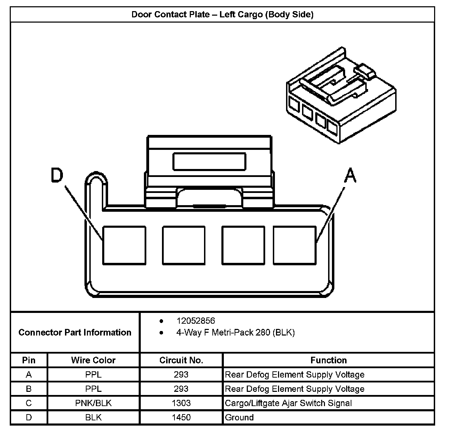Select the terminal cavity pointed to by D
(x=124, y=245)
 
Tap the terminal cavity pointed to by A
(x=294, y=245)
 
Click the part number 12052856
(x=196, y=321)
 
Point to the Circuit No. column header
(x=181, y=360)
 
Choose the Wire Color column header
(x=93, y=360)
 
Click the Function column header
(x=328, y=360)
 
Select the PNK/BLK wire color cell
(x=93, y=403)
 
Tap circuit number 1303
(x=181, y=403)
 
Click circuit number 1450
(x=181, y=418)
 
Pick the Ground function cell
(x=239, y=418)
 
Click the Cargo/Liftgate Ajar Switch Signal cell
(x=288, y=403)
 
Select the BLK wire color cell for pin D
(x=93, y=418)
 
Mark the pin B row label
(x=29, y=389)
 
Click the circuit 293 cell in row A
(x=181, y=375)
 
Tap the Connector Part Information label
(x=75, y=332)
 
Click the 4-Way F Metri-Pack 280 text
(x=235, y=333)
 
